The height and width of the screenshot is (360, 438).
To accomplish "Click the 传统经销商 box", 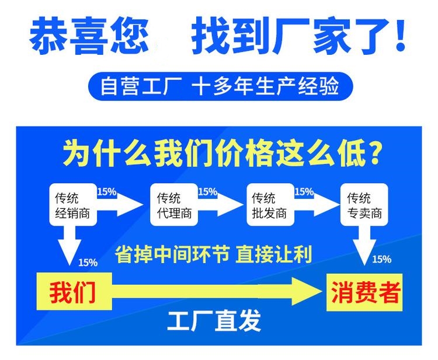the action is pyautogui.click(x=73, y=204).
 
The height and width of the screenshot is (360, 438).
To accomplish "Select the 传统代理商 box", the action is pyautogui.click(x=174, y=204).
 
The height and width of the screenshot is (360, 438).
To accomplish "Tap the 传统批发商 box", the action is pyautogui.click(x=270, y=204).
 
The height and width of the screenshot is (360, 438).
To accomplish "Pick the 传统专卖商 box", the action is pyautogui.click(x=364, y=204).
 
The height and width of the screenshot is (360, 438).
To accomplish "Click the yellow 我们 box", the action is pyautogui.click(x=74, y=291).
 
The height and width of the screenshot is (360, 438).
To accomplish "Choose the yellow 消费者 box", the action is pyautogui.click(x=364, y=292).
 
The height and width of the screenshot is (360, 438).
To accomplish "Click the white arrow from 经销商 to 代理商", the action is pyautogui.click(x=121, y=205).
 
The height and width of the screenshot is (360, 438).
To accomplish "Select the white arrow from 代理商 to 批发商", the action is pyautogui.click(x=221, y=205).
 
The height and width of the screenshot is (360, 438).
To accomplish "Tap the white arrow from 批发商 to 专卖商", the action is pyautogui.click(x=317, y=205).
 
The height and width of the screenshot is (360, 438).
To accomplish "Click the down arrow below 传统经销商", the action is pyautogui.click(x=70, y=245).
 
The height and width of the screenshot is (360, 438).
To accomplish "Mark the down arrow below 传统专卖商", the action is pyautogui.click(x=364, y=245).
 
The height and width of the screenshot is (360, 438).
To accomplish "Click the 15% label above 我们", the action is pyautogui.click(x=88, y=263).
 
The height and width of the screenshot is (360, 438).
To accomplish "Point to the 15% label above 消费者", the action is pyautogui.click(x=381, y=260).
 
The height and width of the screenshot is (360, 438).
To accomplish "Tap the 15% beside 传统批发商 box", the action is pyautogui.click(x=304, y=192).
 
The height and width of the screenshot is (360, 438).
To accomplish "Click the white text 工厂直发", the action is pyautogui.click(x=214, y=321).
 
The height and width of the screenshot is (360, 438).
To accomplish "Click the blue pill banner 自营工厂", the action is pyautogui.click(x=220, y=86).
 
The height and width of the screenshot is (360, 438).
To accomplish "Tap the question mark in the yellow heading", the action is pyautogui.click(x=373, y=153).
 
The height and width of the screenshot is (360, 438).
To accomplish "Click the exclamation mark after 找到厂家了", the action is pyautogui.click(x=400, y=35).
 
